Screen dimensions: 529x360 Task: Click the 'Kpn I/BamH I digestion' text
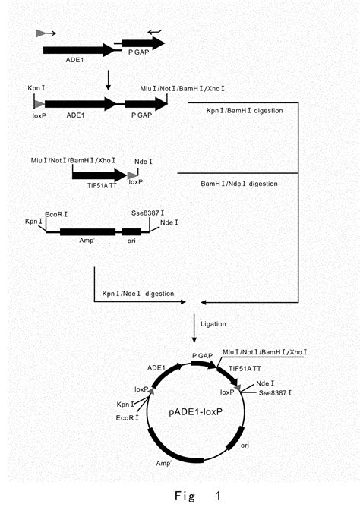(245, 111)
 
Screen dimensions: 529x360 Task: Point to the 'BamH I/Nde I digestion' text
(238, 184)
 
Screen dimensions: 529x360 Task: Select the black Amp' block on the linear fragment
(87, 232)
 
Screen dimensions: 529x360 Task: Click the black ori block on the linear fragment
(131, 232)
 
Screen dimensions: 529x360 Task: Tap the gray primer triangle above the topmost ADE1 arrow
(40, 33)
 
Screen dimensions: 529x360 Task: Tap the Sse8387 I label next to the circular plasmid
(271, 394)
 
